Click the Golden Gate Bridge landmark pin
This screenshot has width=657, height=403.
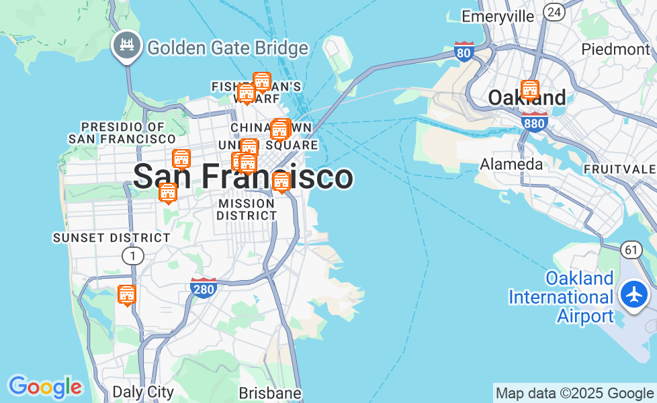[126, 45]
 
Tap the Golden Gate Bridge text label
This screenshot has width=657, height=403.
[228, 48]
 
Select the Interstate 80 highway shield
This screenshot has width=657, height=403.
[464, 51]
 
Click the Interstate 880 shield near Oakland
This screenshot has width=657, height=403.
[534, 121]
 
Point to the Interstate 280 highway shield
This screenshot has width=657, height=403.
[204, 287]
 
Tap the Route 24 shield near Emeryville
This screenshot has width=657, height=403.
[554, 11]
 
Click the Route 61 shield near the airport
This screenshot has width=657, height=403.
[630, 250]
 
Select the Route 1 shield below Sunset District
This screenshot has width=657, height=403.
[132, 255]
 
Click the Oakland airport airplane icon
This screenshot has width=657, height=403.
[633, 294]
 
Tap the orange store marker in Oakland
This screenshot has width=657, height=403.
[530, 90]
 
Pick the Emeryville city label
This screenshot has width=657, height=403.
[498, 16]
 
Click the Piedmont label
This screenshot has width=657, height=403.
[615, 49]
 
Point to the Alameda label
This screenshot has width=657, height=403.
[511, 164]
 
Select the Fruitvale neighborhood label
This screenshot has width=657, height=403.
[620, 168]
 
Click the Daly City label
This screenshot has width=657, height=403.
[143, 392]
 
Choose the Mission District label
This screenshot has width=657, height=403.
[247, 209]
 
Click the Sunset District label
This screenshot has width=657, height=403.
[112, 238]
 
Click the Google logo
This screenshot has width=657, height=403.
[45, 387]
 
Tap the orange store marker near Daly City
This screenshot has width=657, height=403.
[126, 295]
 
